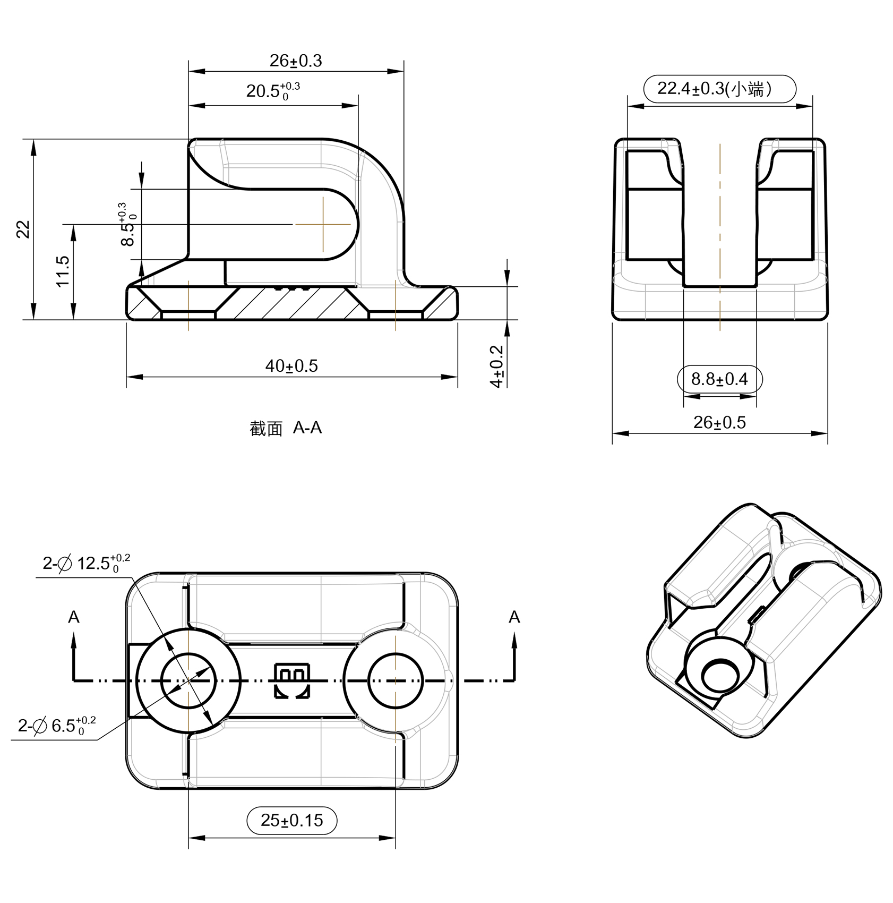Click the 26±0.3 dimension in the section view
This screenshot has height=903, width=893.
296,61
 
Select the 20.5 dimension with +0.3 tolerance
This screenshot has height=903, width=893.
272,91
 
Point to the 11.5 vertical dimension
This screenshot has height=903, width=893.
63,271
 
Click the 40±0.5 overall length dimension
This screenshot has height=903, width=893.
291,366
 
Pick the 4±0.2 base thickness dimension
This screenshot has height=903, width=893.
497,367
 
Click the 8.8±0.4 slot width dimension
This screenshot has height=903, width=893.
719,379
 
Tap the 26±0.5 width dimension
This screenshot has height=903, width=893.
719,423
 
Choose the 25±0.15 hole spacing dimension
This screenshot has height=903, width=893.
291,820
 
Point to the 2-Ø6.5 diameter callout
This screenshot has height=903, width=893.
56,725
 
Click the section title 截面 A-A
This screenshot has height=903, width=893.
286,428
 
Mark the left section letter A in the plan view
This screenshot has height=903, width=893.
74,617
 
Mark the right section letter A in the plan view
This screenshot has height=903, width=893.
514,617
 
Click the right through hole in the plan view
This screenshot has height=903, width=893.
396,680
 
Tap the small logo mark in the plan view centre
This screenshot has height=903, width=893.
291,680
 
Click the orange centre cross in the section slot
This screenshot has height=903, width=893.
323,224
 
